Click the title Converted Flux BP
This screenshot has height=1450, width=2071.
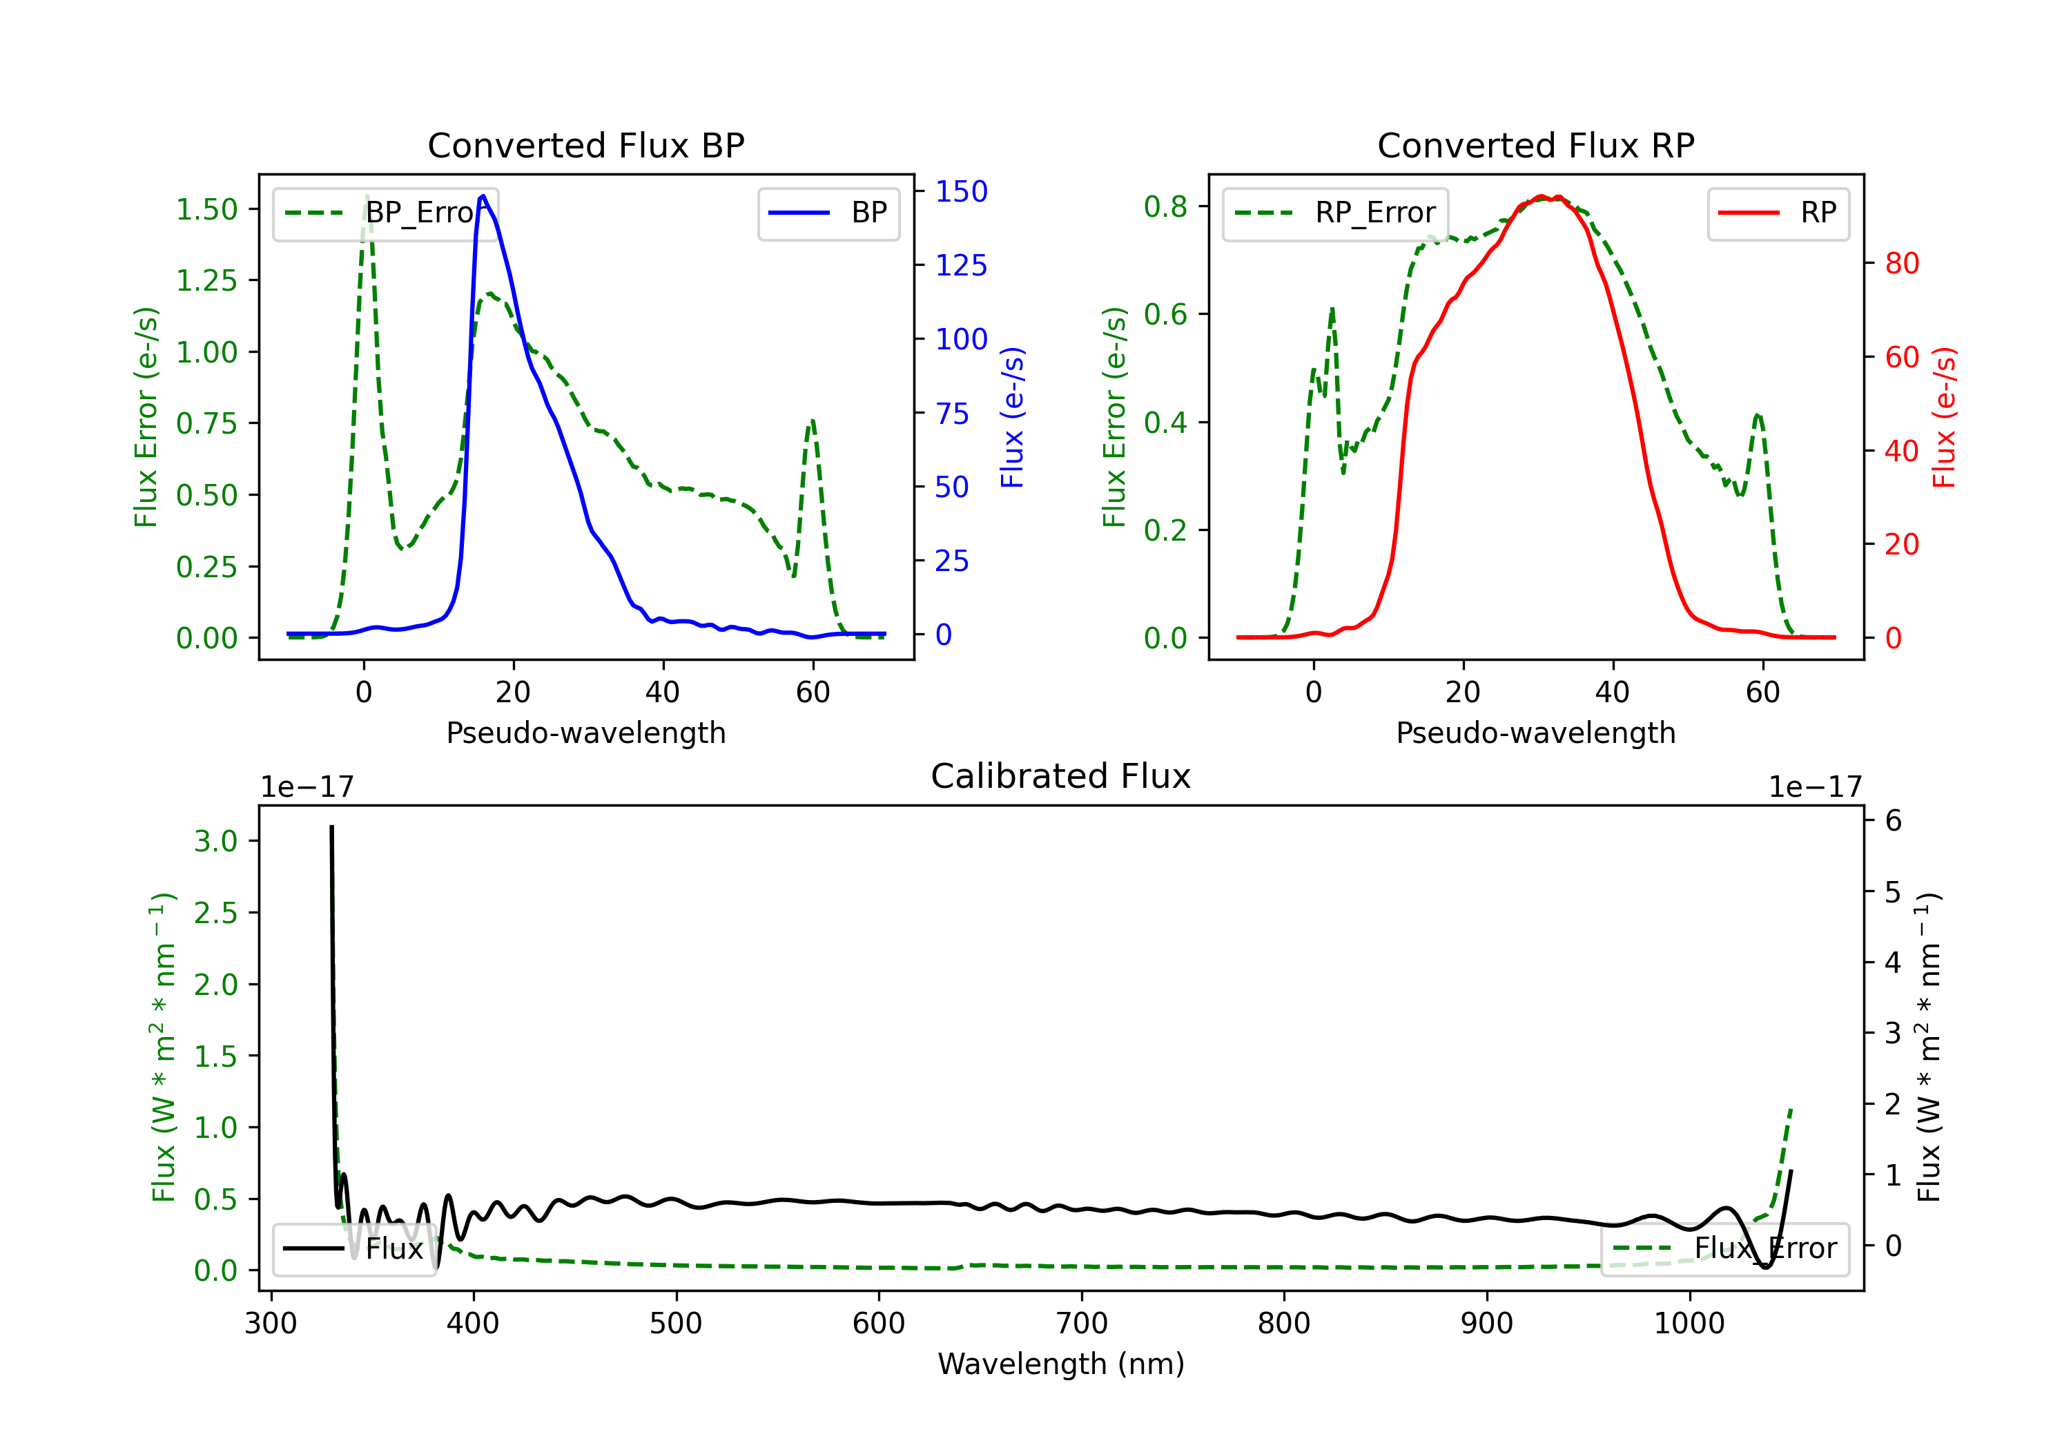585,145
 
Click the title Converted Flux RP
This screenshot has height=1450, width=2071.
1535,145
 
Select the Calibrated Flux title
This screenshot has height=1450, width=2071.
1061,776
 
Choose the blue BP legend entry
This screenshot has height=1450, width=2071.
828,213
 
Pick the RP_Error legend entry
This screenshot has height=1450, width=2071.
1335,213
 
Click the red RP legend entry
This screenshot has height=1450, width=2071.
1778,213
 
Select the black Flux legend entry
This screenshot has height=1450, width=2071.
353,1249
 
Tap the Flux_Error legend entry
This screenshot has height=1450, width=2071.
1724,1249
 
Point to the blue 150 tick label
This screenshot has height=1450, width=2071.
962,191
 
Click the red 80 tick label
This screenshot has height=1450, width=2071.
1903,264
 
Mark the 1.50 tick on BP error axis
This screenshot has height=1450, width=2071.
206,209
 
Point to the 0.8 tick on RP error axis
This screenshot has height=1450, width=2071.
1165,206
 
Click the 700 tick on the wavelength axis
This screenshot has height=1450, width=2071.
1082,1324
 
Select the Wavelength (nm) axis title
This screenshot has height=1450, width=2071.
1061,1364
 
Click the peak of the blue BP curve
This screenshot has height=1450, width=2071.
483,196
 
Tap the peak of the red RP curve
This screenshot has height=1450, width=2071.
1542,196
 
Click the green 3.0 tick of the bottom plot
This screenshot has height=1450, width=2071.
215,841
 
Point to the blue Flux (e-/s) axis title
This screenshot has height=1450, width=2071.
1012,418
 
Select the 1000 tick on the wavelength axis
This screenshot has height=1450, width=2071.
1689,1324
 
